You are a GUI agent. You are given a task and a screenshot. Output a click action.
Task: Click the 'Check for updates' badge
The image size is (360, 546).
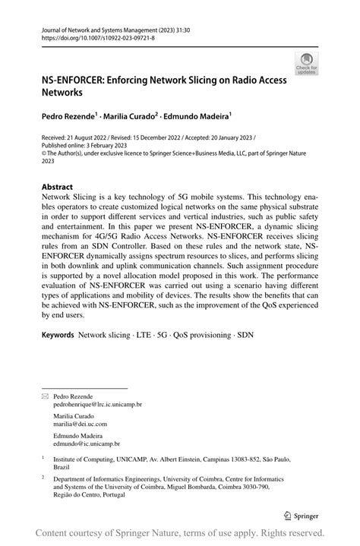[306, 64]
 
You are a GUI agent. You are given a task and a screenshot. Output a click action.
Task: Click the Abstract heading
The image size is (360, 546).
[57, 186]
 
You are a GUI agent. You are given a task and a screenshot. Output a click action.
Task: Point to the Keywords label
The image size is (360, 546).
[58, 334]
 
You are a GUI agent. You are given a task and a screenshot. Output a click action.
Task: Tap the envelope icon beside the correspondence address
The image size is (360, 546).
[44, 397]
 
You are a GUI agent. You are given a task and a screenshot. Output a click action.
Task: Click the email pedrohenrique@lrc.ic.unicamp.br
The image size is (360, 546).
[99, 406]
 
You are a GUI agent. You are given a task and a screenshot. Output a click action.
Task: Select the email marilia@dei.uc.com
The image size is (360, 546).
[81, 424]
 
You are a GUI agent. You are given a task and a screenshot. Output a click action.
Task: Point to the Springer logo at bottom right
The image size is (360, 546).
[302, 513]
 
